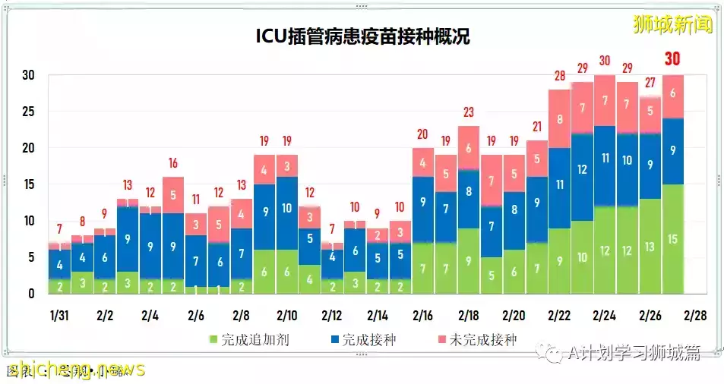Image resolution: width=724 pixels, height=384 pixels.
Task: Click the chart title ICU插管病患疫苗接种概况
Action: [x=362, y=37]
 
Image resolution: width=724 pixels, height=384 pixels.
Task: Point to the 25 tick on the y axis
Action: [x=29, y=112]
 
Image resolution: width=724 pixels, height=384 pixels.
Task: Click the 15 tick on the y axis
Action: [x=29, y=184]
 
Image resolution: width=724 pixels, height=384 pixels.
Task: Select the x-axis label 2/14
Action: [x=378, y=316]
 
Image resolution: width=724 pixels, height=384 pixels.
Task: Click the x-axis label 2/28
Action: [x=695, y=316]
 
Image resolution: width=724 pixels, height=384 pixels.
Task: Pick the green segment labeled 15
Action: [x=672, y=239]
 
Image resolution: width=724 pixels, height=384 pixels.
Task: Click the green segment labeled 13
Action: [x=650, y=247]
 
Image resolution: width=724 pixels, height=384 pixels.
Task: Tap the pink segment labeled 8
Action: [x=559, y=119]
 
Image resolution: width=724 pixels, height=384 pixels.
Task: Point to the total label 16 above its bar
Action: [x=173, y=162]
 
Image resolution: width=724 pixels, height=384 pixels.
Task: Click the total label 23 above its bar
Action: [x=468, y=112]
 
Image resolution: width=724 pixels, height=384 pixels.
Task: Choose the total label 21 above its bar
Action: [x=536, y=126]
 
